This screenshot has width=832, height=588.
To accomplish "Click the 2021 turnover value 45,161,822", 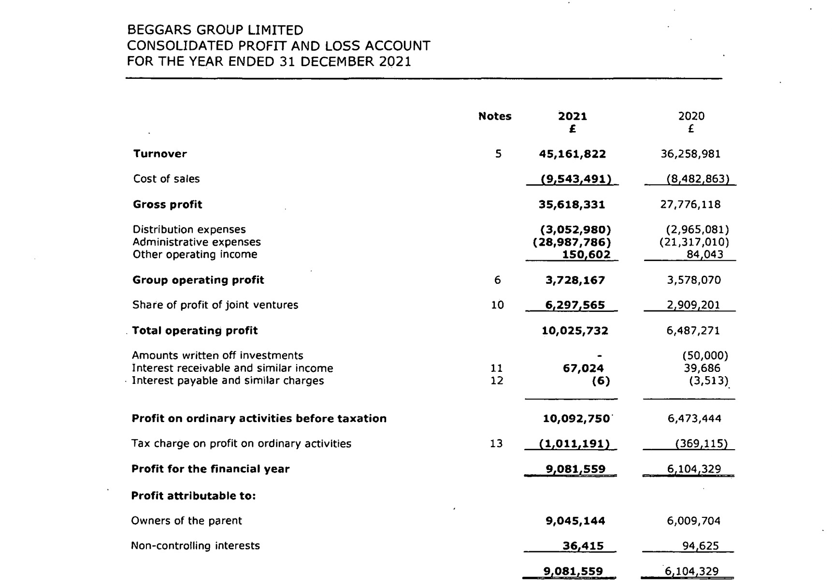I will pos(572,154).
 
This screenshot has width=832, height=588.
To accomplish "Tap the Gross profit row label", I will pos(167,205).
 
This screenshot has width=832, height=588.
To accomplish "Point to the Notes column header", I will pos(494,116).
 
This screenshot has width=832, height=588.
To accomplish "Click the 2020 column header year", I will pos(691,116).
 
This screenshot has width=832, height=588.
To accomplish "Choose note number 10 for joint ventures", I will pos(497,305).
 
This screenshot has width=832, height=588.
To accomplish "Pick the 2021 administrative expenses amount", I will pos(572,242).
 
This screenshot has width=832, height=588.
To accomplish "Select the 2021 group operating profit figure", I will pos(574,280).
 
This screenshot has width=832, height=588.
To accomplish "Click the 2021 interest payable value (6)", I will pos(601,381).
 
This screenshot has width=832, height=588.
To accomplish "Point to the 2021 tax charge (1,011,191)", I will pos(574,443).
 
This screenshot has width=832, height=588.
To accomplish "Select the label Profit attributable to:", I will pos(193,496).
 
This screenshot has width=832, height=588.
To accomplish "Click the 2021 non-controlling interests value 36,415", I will pos(583,546).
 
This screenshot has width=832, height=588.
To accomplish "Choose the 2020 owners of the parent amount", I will pos(694,521).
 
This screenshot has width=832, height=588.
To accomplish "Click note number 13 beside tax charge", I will pos(496,443).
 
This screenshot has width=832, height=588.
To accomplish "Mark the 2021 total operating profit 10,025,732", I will pos(574,331).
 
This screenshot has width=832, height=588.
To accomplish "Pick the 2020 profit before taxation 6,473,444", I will pos(694,419).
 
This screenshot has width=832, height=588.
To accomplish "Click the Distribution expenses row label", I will pos(189,230).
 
